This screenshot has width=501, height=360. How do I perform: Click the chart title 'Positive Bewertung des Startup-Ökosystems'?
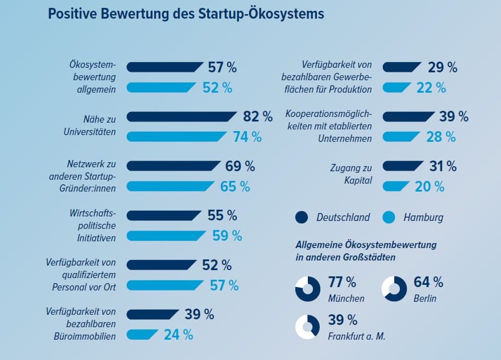tap(186, 14)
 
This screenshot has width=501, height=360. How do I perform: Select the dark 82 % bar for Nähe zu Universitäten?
tap(181, 116)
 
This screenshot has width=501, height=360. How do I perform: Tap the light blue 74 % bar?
tap(175, 137)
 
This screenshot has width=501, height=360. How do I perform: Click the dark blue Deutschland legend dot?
tap(302, 217)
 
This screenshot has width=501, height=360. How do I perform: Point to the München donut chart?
tap(307, 289)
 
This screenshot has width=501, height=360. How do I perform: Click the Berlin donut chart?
tap(394, 289)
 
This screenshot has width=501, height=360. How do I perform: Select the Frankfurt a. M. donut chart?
tap(307, 327)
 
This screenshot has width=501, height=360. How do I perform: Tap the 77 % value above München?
tap(342, 282)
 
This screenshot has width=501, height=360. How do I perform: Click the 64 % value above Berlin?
tap(429, 282)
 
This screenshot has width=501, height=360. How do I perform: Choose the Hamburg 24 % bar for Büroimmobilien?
tap(142, 335)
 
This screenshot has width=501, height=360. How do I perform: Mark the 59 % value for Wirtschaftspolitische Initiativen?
tap(227, 236)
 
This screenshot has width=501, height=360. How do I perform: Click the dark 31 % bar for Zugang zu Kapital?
tap(403, 166)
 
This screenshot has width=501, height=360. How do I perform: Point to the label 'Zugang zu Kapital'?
tap(351, 174)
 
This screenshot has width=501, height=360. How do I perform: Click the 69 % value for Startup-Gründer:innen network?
tap(240, 166)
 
